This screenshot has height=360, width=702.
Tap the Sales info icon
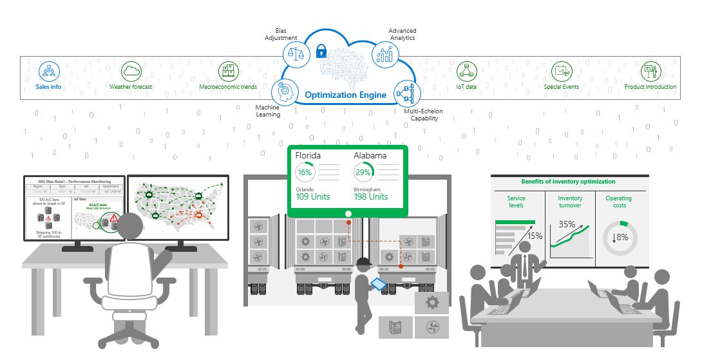(x=48, y=70)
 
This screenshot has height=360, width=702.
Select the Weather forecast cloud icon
(x=131, y=70)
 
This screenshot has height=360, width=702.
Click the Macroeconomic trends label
(x=228, y=86)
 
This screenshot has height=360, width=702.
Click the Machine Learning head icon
(x=284, y=91)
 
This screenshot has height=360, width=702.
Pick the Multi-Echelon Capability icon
(x=407, y=93)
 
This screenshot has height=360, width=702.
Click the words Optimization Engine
(x=345, y=95)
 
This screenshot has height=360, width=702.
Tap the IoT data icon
(x=466, y=71)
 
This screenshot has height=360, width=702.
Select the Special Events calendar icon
(x=561, y=70)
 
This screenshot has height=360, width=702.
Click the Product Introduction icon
(x=650, y=71)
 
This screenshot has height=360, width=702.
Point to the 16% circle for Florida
(x=305, y=173)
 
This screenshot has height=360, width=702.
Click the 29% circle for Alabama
(x=363, y=173)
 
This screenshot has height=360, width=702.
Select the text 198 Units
(x=371, y=196)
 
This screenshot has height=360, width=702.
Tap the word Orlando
(x=305, y=189)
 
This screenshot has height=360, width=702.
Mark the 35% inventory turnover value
(x=567, y=225)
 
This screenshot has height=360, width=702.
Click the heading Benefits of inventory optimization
(x=568, y=182)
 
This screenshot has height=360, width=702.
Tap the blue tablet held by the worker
(x=378, y=283)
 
